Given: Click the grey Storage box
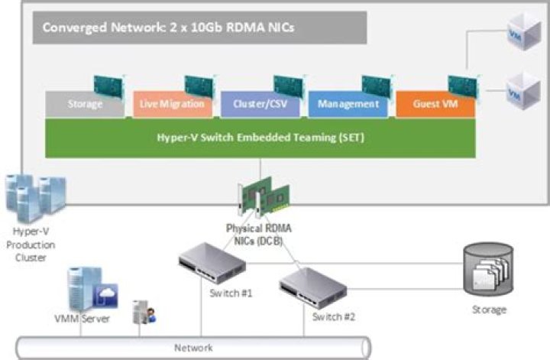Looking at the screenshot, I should tap(84, 105).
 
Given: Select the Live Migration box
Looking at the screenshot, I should tap(173, 105).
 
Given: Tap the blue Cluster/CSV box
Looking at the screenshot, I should tap(260, 105).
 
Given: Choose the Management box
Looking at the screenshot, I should tap(348, 105).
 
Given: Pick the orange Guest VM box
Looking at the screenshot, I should tap(434, 105).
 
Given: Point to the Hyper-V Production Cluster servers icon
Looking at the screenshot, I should tap(34, 197).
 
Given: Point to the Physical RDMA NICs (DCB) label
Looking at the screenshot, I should tap(260, 235).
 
